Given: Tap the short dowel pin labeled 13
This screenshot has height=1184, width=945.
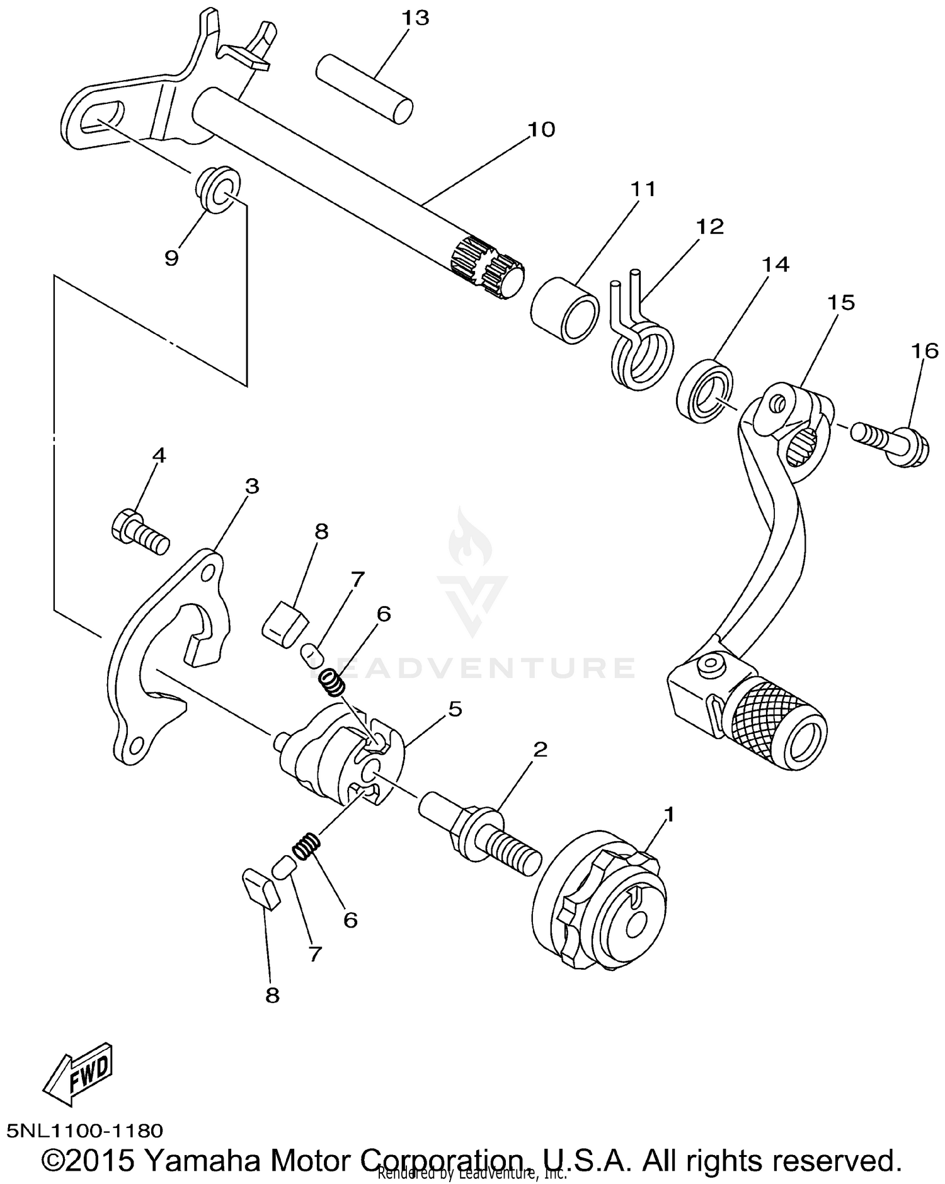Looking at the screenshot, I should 364,89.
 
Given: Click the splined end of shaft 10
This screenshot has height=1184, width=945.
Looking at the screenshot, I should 488,267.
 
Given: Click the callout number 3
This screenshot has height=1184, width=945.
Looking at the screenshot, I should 251,486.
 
